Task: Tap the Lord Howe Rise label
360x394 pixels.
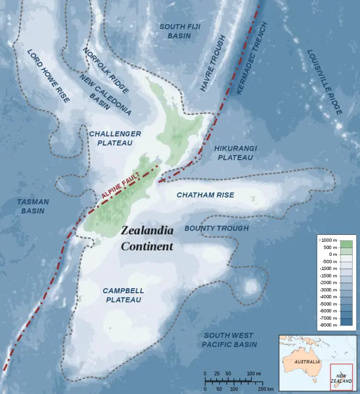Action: pos(48,76)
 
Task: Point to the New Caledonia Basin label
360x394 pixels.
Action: pos(105,95)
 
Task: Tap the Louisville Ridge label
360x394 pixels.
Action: pos(325,82)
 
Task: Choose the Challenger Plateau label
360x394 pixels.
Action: pos(115,138)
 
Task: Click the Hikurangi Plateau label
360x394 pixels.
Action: pos(235,152)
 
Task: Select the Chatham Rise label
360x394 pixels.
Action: pos(205,195)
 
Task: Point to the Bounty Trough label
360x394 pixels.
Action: pos(216,228)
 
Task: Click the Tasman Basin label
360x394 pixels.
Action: pos(33,206)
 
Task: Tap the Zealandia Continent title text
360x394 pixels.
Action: pos(147,238)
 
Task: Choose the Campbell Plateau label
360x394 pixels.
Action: pos(123,295)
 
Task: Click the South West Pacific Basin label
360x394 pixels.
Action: pos(229,340)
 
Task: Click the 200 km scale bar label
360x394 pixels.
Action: pos(266,389)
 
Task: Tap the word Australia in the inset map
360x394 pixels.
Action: pos(306,361)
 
